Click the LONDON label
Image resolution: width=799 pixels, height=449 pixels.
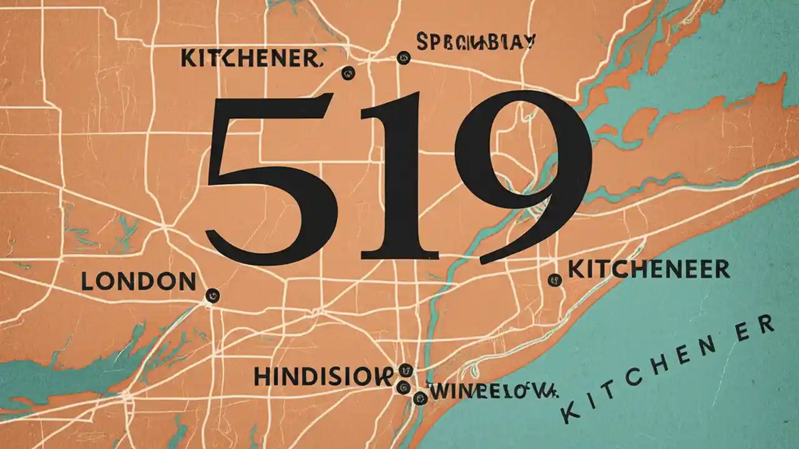click(x=139, y=282)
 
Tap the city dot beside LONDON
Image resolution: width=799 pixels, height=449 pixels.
click(x=212, y=296)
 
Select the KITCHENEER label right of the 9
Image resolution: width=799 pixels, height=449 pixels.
click(x=648, y=269)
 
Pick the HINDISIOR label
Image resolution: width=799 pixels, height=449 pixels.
click(x=323, y=375)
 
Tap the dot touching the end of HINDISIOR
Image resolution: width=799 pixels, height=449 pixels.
click(x=405, y=370)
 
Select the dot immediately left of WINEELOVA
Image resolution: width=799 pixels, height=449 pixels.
click(x=419, y=398)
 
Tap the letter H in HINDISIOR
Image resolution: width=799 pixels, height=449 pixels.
click(x=263, y=375)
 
